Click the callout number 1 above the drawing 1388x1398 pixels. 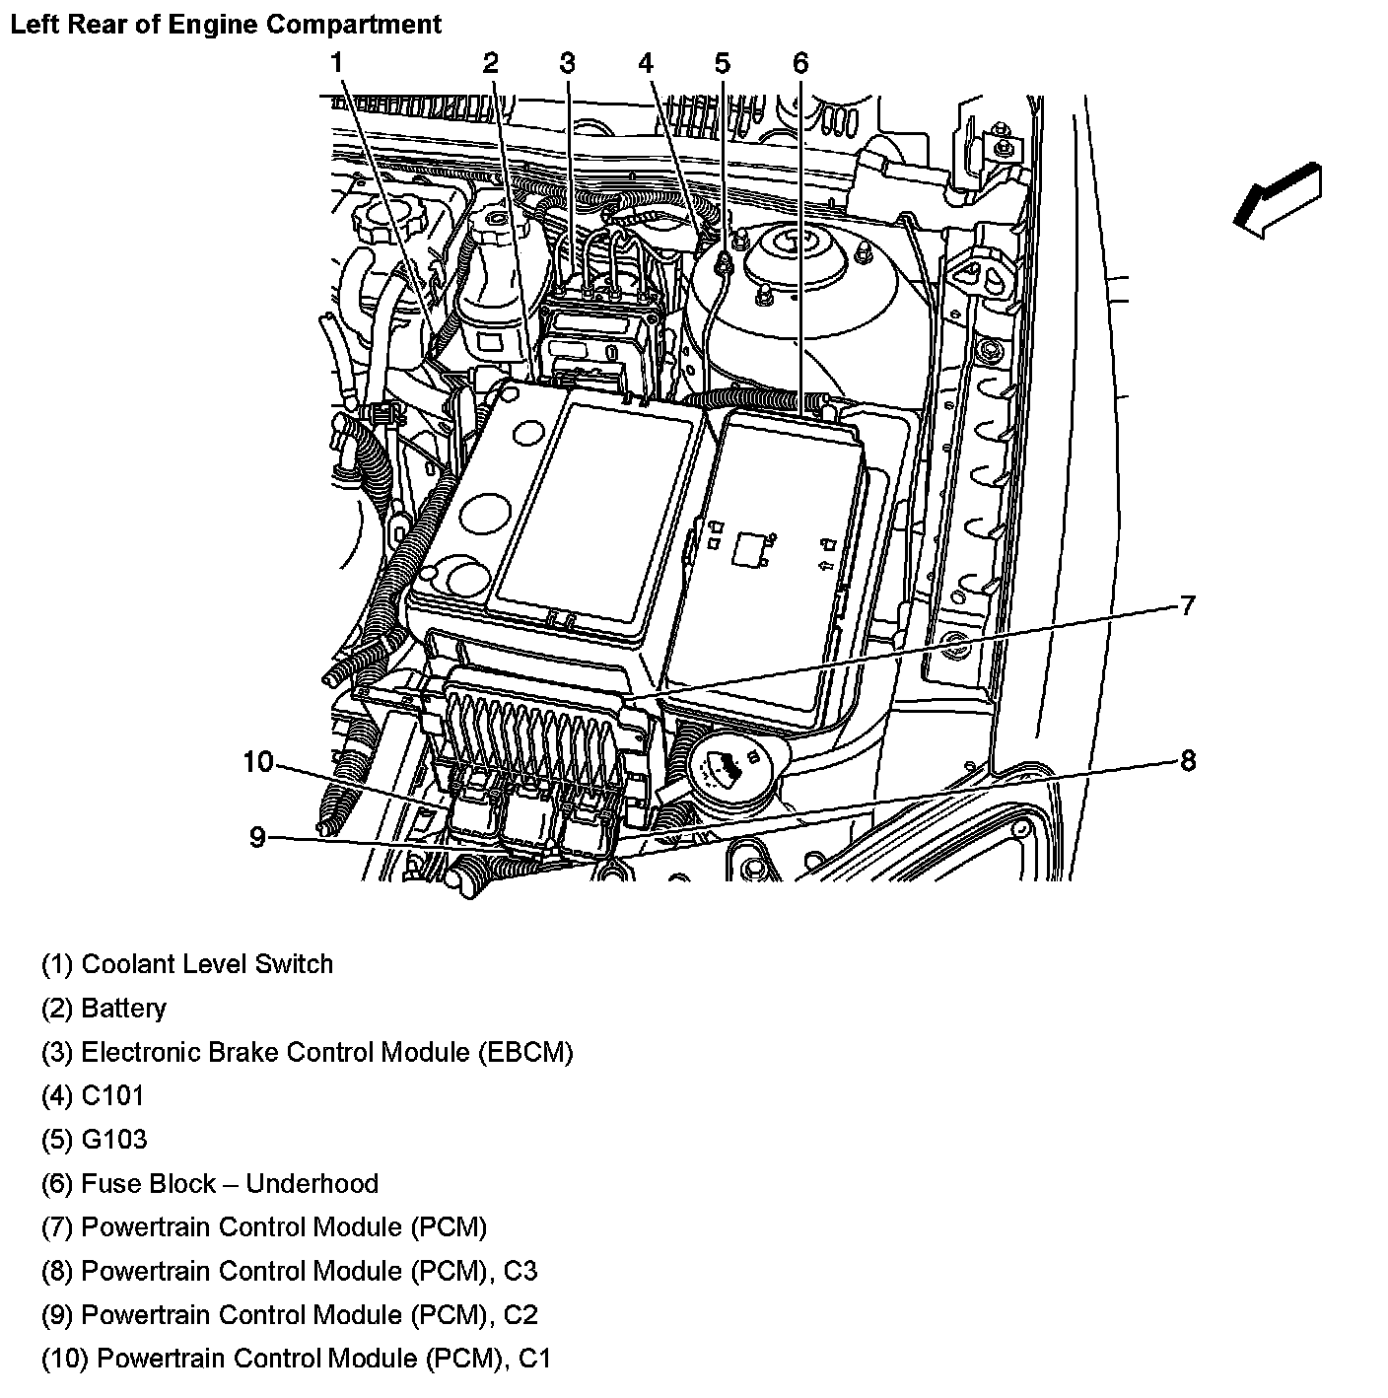[336, 63]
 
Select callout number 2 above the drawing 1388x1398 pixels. [490, 63]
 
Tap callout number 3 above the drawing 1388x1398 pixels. [567, 63]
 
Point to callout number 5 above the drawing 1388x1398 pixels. [723, 63]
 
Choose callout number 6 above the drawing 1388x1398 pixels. [799, 63]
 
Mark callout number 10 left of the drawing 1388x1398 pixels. [257, 761]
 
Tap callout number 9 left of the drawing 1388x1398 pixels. [257, 837]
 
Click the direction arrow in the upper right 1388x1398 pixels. [1278, 201]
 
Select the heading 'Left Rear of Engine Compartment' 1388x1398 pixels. [226, 25]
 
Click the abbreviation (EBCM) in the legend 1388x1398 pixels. [525, 1052]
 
